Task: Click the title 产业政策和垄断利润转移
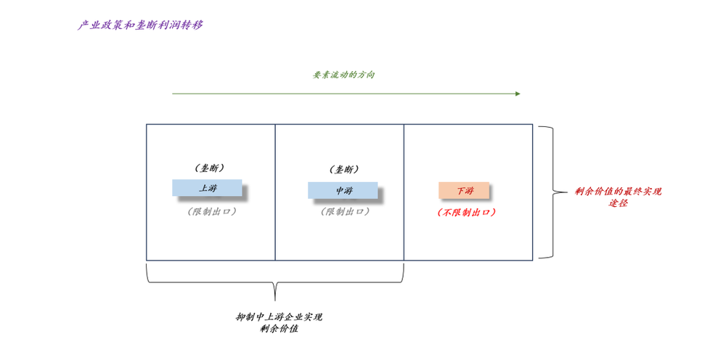140,25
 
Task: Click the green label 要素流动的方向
343,75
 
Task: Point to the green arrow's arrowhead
518,94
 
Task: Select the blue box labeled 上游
207,188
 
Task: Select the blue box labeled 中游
343,190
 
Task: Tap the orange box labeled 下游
464,190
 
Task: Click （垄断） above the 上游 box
209,168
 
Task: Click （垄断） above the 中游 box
344,170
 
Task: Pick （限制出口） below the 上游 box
212,212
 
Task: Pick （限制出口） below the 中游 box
346,212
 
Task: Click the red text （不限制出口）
467,213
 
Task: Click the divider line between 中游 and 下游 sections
404,232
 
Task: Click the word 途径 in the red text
618,203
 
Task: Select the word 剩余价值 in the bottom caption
279,330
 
